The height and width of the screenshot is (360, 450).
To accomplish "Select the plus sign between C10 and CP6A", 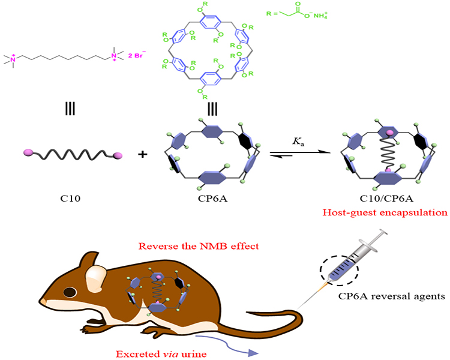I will (143, 155).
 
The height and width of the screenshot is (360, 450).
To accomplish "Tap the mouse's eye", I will (70, 293).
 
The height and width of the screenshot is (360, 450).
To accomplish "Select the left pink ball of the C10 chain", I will (28, 155).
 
